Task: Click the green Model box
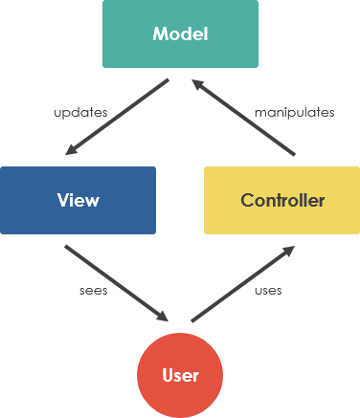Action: pos(180,34)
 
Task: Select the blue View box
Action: pos(78,200)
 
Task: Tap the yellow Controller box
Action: pos(281,200)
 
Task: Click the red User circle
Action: pos(180,374)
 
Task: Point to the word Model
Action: pos(180,34)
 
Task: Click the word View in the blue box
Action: pos(78,200)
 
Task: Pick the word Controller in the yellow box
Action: pos(282,200)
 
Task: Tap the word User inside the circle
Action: pos(180,374)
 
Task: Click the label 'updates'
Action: pos(80,112)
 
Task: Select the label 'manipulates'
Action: pos(294,112)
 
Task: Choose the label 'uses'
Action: pos(268,290)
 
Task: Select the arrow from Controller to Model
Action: pos(244,117)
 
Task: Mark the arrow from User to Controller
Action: pos(243,284)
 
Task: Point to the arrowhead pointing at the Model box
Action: pos(199,85)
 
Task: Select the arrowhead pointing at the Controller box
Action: pos(288,253)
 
